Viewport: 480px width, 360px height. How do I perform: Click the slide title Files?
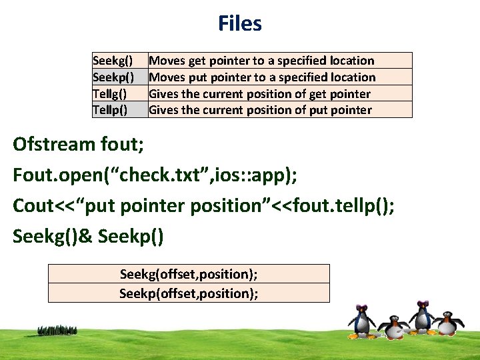(239, 24)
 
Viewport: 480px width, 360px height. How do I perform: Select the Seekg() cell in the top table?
(113, 61)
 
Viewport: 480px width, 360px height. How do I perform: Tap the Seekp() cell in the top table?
(113, 77)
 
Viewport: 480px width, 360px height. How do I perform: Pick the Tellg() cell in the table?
(111, 94)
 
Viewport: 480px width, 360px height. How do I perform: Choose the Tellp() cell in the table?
(111, 110)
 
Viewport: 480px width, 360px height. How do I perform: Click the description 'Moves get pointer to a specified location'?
(261, 61)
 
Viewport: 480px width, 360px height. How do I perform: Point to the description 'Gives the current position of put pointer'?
(260, 110)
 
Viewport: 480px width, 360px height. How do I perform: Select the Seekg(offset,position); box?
(189, 274)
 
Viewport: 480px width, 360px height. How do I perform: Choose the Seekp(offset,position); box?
(189, 293)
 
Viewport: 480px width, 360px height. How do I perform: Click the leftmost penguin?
(362, 320)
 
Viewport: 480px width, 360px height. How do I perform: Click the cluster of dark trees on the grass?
(58, 330)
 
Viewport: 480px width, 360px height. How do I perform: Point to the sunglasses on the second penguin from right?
(421, 307)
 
